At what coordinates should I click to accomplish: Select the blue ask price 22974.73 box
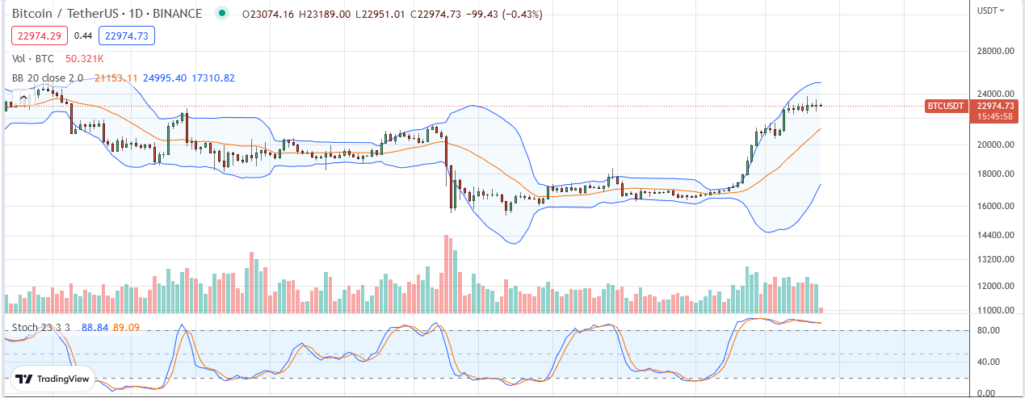click(126, 36)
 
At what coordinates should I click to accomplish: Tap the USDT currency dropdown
click(991, 10)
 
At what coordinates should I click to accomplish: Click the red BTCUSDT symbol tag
click(946, 106)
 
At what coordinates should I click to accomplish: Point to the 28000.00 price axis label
click(995, 52)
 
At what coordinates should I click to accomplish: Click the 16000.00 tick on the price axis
click(995, 206)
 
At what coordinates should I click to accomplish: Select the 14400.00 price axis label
click(995, 235)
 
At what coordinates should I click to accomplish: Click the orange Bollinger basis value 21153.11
click(116, 78)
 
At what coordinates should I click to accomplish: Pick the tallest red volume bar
click(446, 274)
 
